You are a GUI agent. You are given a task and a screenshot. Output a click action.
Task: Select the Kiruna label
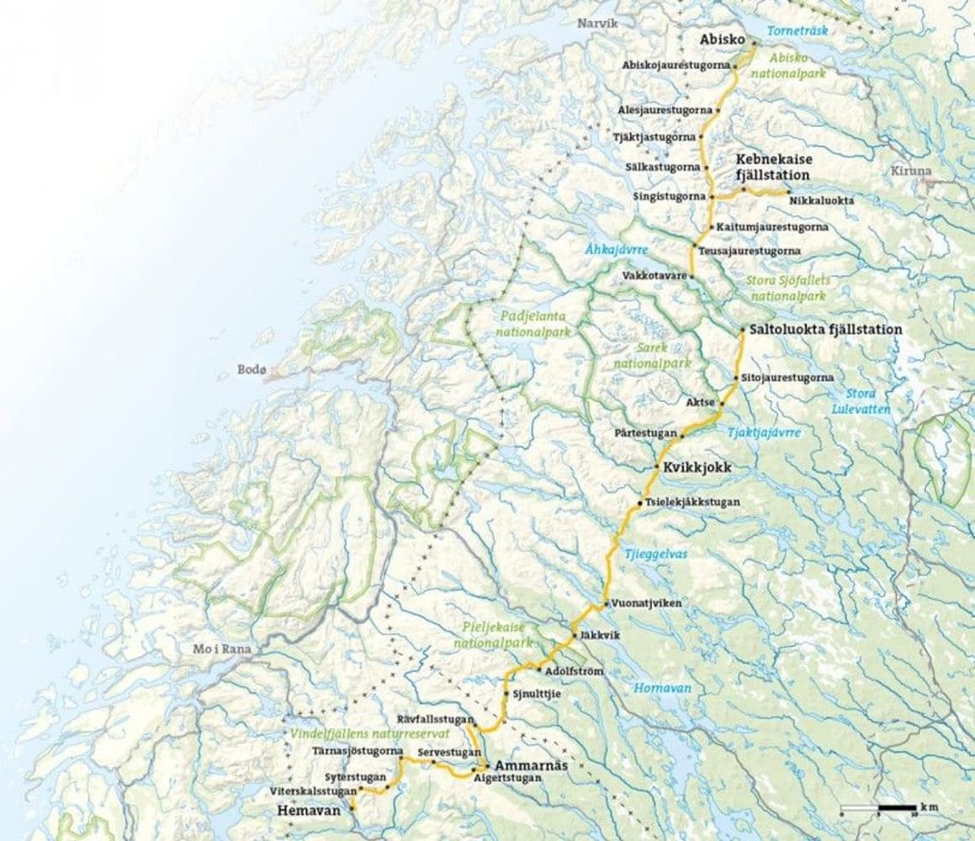coord(911,171)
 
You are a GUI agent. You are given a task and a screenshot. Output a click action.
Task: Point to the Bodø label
coord(252,370)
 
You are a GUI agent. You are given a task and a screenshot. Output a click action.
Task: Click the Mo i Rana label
coord(215,649)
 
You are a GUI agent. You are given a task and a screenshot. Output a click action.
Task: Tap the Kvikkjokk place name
coord(695,468)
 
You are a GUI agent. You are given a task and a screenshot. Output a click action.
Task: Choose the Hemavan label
coord(309,811)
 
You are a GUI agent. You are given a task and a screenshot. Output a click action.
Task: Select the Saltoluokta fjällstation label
coord(825,330)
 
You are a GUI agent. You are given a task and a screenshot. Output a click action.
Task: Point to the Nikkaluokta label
coord(822,201)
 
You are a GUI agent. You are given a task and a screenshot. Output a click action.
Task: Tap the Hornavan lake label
coord(664,687)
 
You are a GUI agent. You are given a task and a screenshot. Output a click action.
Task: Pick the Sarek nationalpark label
coord(652,358)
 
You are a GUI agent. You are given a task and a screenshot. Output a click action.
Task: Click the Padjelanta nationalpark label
coord(533,325)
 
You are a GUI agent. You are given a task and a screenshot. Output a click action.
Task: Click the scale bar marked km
coord(879,810)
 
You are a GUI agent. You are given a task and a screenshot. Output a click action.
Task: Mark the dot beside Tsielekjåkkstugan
coord(640,503)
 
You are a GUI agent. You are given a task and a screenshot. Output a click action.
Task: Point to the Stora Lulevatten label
coord(861,401)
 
